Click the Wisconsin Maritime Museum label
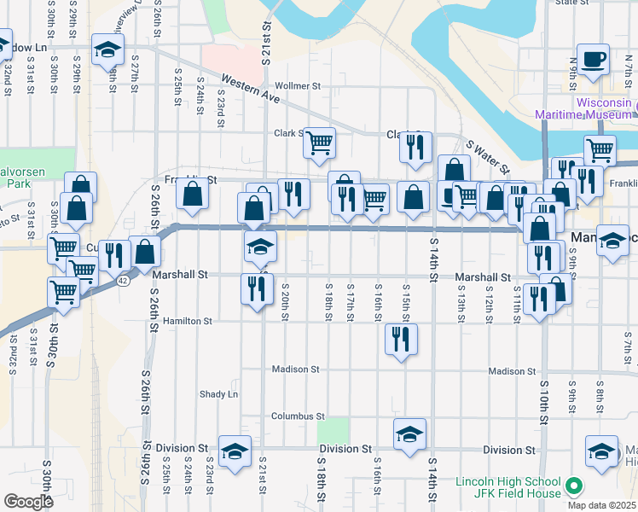(x=584, y=108)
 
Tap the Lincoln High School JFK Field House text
(x=508, y=487)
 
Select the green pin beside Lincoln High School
(x=574, y=487)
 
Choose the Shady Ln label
(x=219, y=394)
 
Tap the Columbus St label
(x=298, y=416)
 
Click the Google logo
(x=28, y=502)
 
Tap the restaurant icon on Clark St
(x=415, y=146)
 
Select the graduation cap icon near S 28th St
(x=107, y=50)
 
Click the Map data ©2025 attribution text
(x=602, y=505)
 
